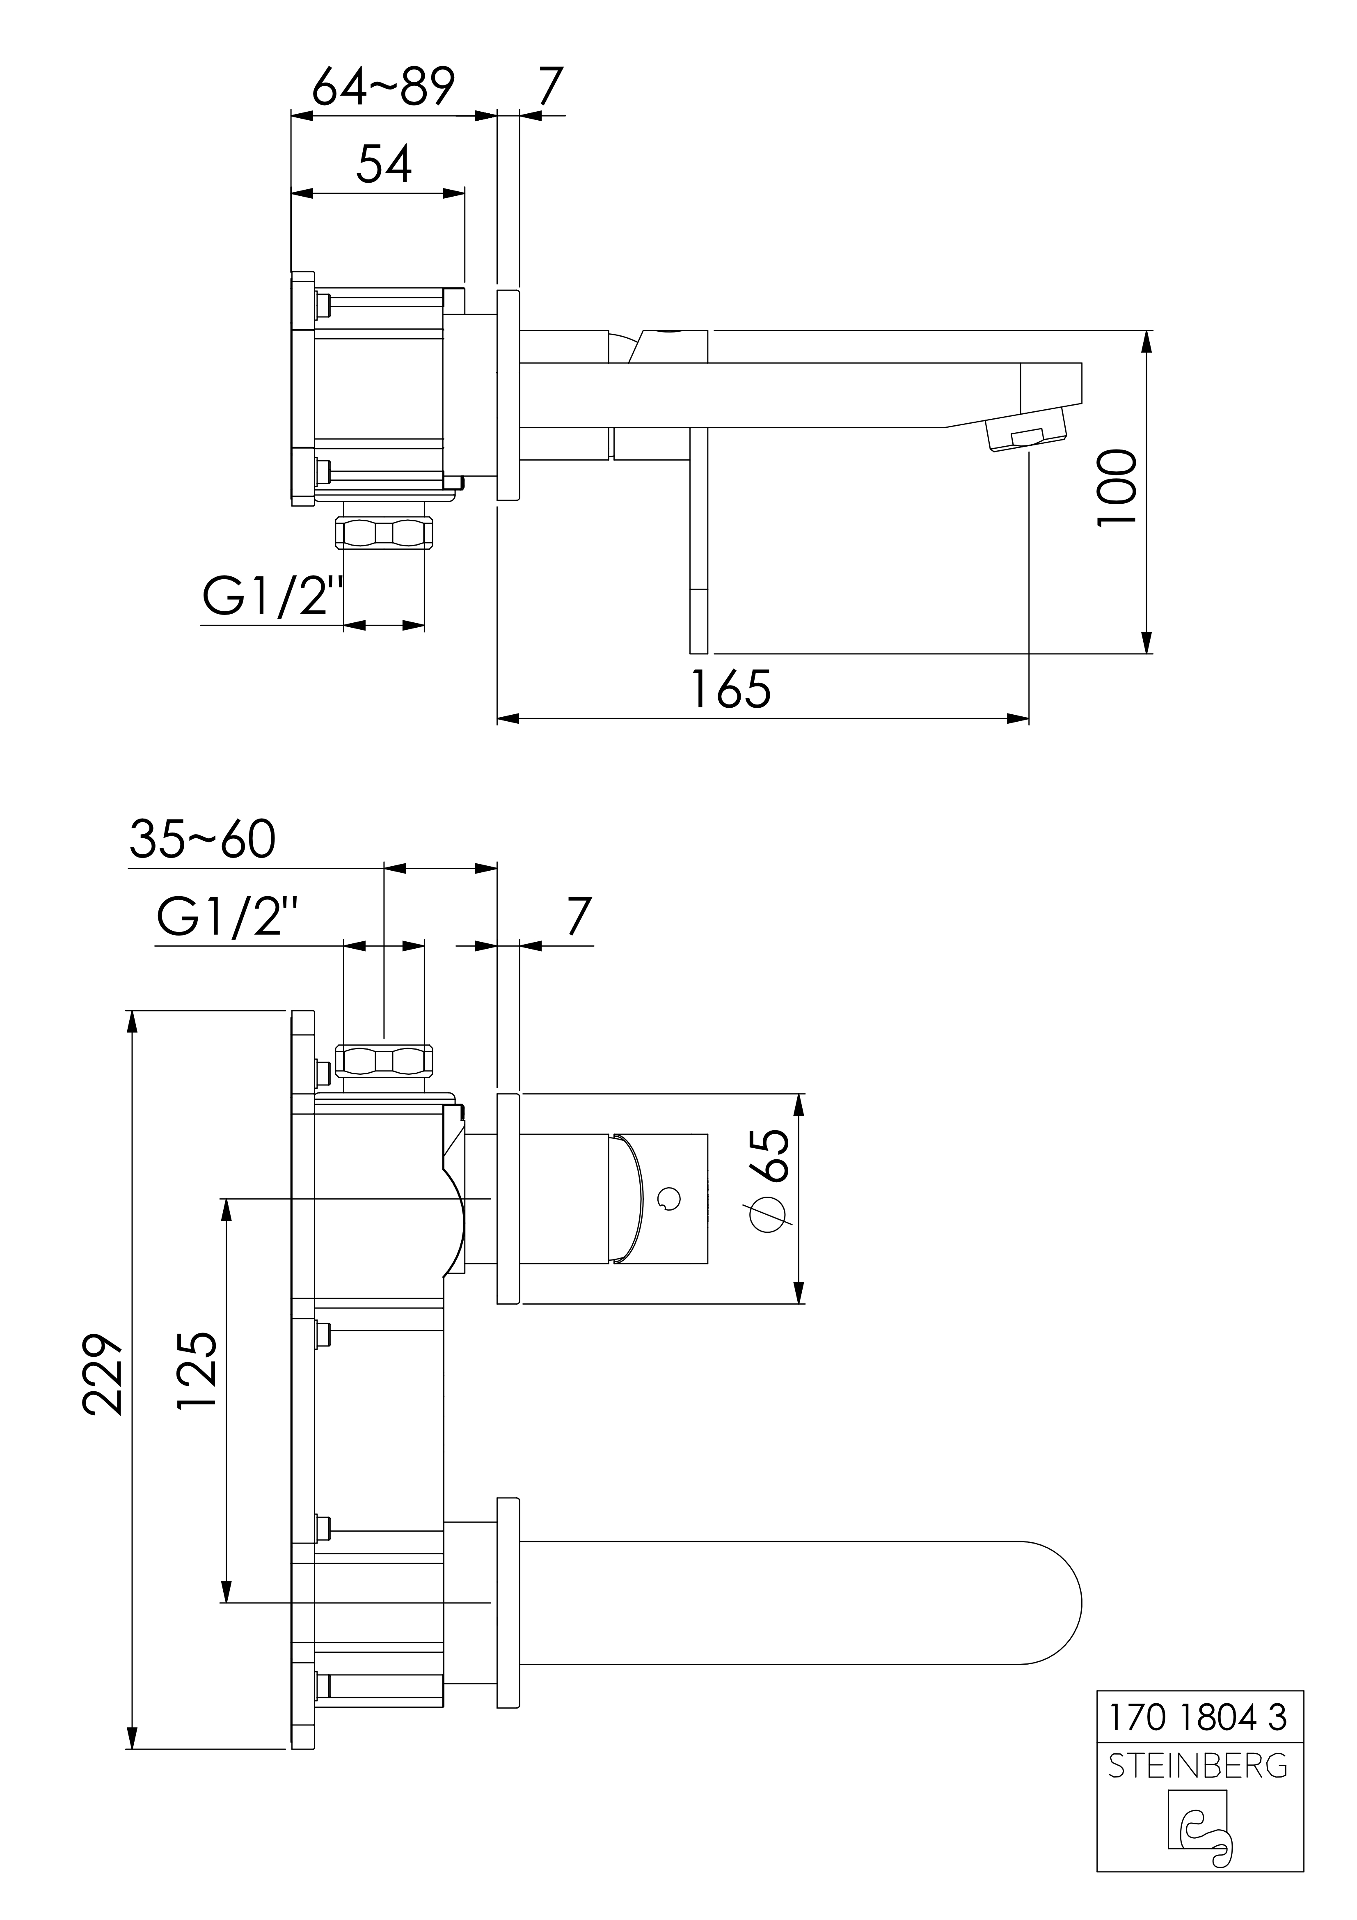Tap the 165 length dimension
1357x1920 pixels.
coord(731,690)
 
